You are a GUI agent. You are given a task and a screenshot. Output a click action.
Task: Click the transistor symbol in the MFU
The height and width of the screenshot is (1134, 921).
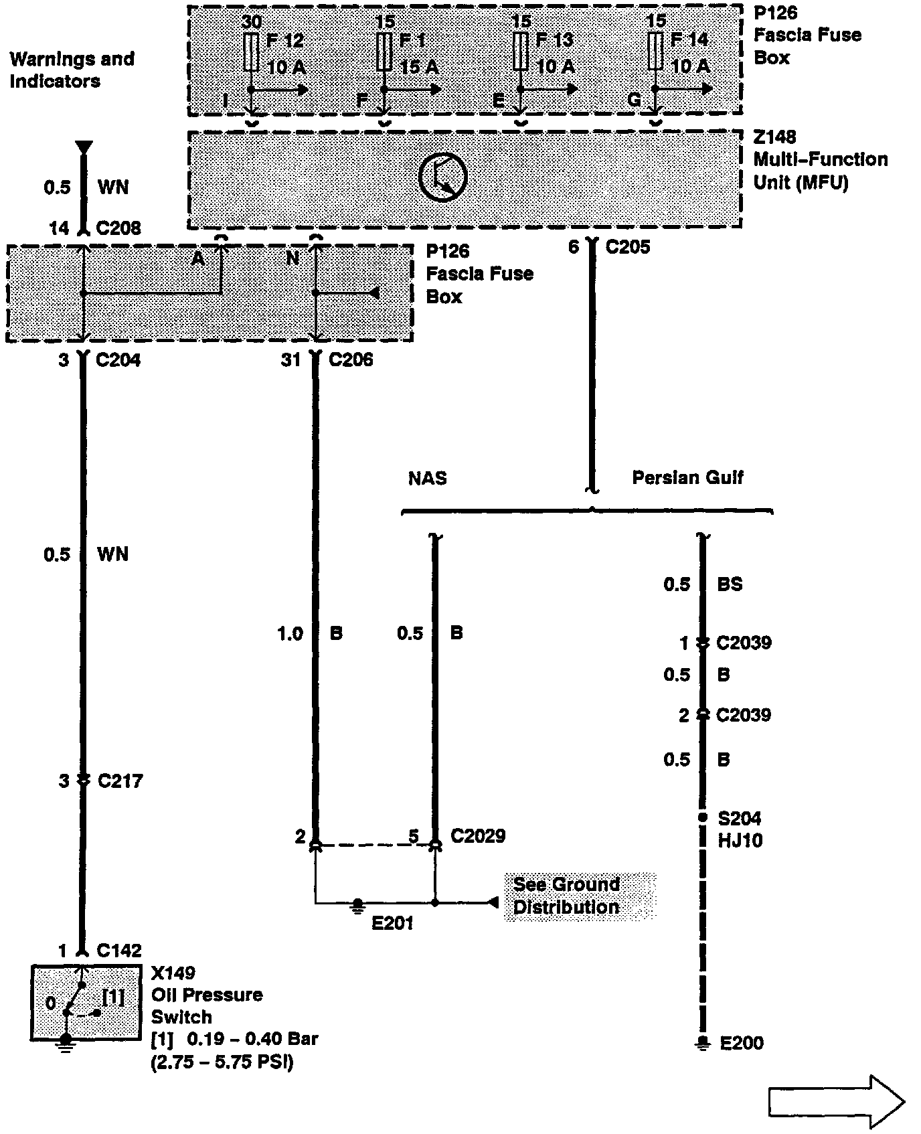(442, 175)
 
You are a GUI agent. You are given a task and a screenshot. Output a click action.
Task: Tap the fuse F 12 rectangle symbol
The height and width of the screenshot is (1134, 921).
(251, 51)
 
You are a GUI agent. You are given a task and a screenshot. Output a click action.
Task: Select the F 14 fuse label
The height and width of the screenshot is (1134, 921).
(689, 39)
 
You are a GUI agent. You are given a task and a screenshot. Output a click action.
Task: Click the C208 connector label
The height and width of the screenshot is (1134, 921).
(118, 228)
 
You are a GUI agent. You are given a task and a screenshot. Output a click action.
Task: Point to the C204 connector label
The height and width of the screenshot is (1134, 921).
(118, 360)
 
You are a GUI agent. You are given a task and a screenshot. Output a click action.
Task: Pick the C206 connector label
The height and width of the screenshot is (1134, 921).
(351, 360)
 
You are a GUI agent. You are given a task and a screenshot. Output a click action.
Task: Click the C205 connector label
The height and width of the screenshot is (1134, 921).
(627, 247)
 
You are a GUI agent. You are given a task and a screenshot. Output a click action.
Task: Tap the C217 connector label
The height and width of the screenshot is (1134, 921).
(120, 781)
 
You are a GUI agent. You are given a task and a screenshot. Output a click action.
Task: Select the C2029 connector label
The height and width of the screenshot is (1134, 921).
(478, 835)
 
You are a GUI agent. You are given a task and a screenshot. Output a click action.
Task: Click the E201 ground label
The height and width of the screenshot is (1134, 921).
(393, 923)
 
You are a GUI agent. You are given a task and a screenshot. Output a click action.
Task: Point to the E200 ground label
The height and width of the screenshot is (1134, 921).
(742, 1043)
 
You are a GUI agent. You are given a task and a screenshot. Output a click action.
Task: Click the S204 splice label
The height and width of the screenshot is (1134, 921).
(740, 818)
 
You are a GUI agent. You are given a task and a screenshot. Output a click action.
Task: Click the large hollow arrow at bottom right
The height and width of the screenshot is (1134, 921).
(837, 1102)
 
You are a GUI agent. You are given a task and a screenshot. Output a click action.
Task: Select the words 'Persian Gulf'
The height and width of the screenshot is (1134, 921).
(687, 477)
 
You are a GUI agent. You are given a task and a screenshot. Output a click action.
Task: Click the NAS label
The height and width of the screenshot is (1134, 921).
(428, 478)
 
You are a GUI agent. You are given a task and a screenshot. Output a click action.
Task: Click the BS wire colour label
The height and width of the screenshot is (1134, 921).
(730, 584)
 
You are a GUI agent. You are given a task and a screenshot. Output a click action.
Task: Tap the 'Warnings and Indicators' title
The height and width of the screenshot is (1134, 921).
(72, 70)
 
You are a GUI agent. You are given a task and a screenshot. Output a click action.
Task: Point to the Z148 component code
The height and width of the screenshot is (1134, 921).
(775, 137)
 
